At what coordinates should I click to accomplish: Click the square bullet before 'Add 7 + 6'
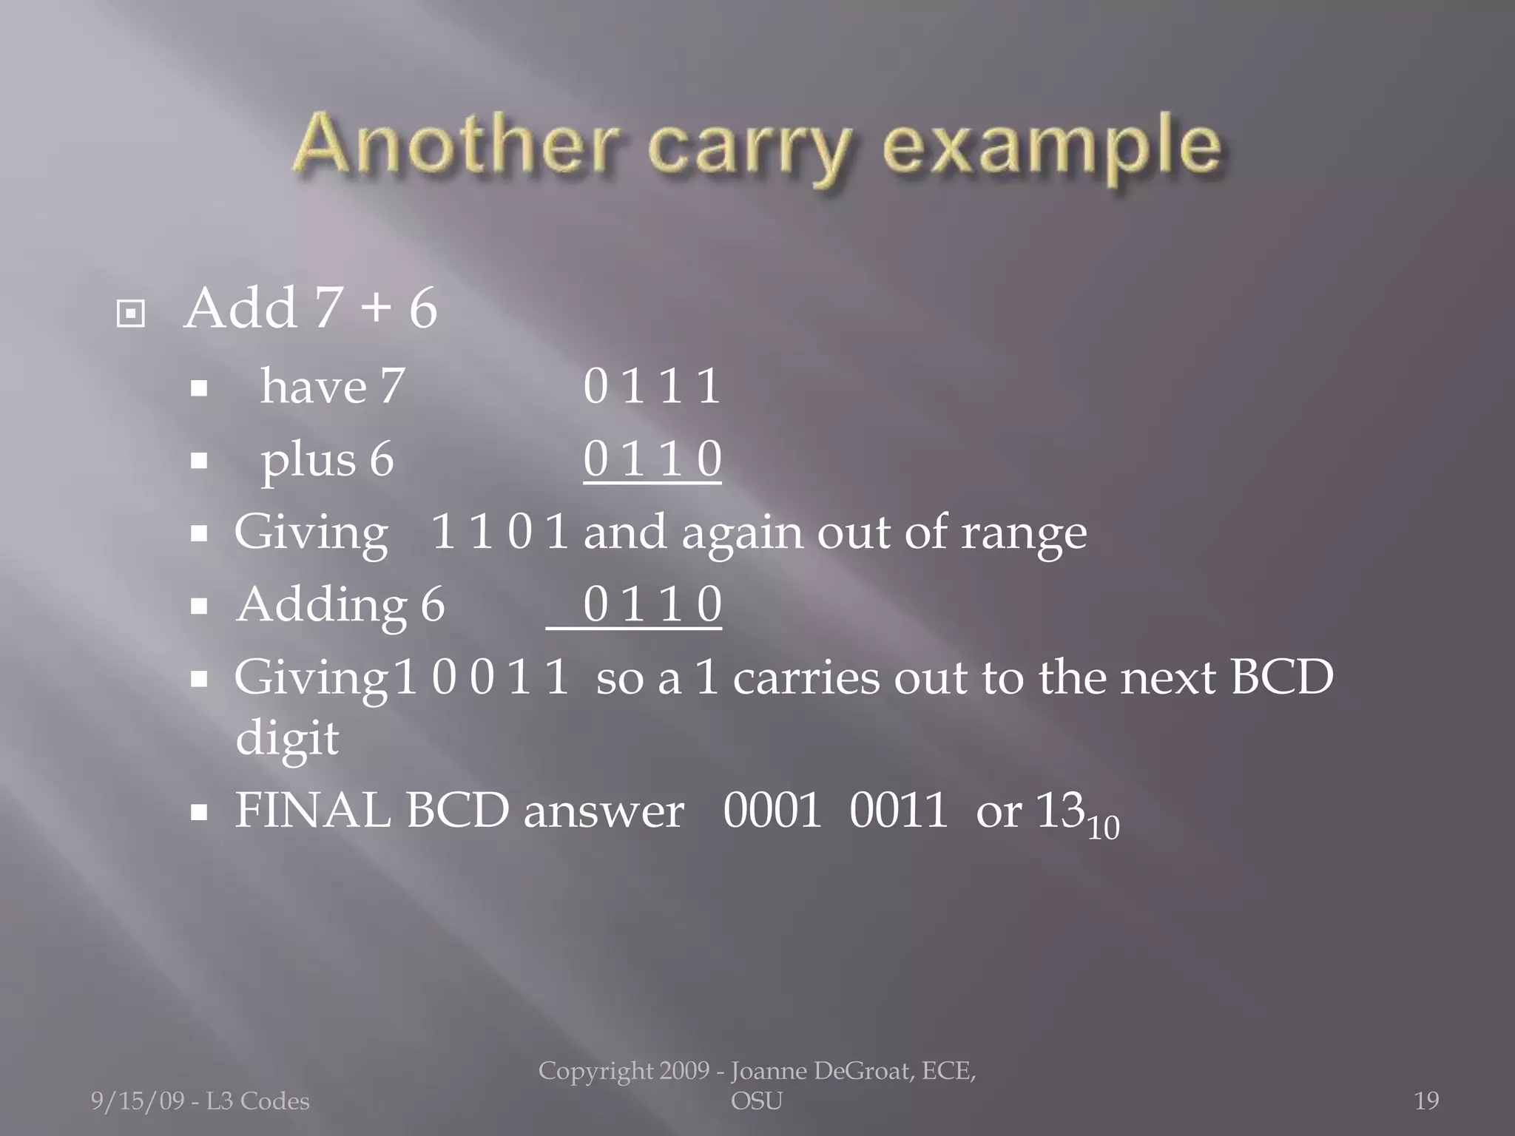131,314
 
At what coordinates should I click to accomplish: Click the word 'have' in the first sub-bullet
314,386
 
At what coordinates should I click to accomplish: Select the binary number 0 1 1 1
651,386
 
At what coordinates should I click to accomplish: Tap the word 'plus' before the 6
308,460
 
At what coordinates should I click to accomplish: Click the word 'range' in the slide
1024,532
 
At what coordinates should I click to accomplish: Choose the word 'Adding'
321,605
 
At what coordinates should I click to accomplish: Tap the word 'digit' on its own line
287,737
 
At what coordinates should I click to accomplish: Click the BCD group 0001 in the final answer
772,811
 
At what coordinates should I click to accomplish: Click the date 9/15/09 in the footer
138,1101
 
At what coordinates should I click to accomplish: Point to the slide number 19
1426,1101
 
